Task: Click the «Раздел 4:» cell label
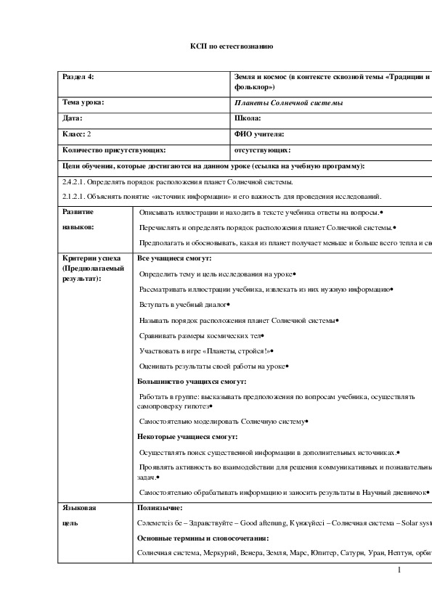click(78, 76)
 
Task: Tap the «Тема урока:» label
click(83, 102)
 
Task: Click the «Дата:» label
click(73, 118)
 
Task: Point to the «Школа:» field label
click(248, 118)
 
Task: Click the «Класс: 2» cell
click(77, 134)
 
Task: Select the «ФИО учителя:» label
click(259, 134)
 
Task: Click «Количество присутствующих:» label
click(114, 150)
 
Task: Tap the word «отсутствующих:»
click(262, 150)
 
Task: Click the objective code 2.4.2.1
click(77, 182)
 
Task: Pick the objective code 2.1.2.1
click(77, 197)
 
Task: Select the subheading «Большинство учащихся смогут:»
click(192, 382)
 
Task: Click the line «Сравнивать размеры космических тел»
click(200, 336)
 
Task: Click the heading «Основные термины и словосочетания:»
click(203, 538)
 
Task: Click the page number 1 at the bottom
click(399, 570)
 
